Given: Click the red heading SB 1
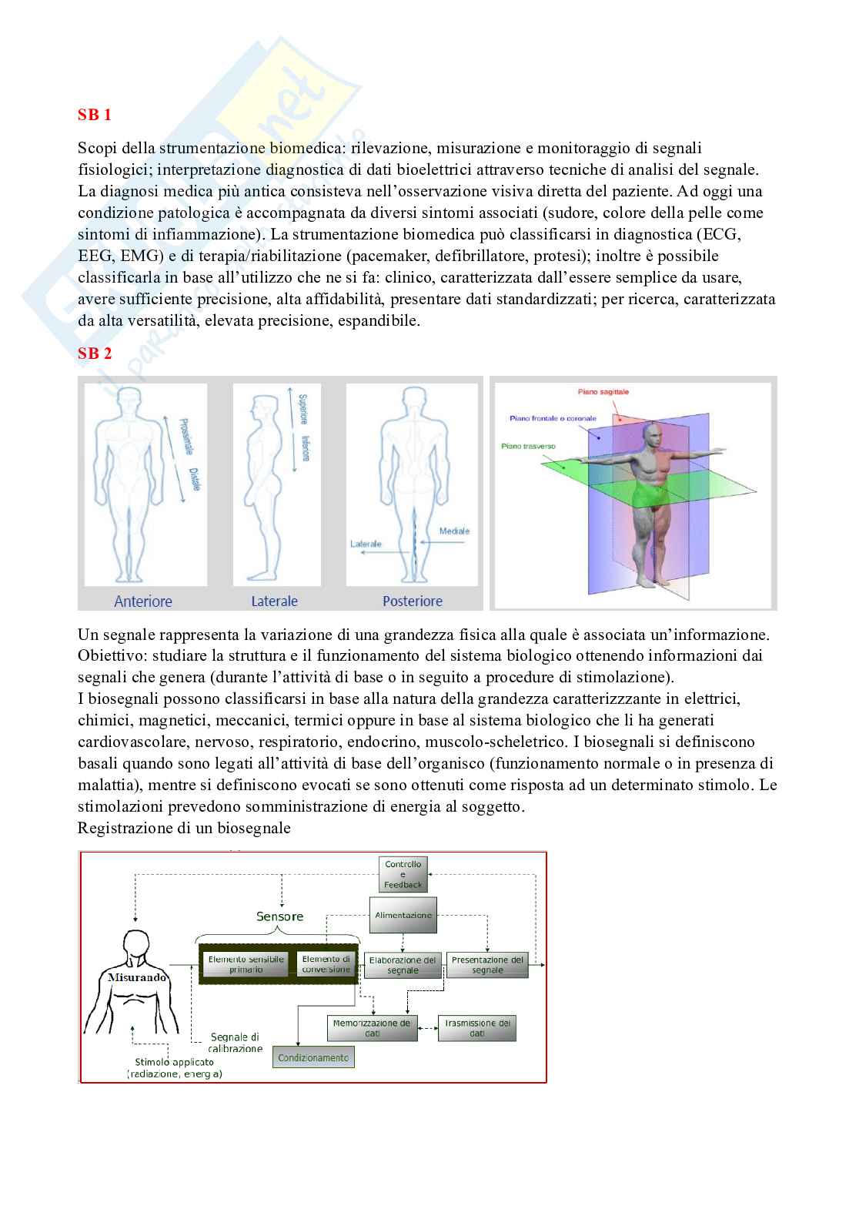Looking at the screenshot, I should (95, 115).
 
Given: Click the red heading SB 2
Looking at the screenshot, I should (95, 353).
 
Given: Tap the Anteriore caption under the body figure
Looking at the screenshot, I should (143, 601).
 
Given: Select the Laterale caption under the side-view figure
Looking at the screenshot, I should (274, 601).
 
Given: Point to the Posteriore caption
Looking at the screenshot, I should (413, 601).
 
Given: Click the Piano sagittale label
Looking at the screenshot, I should (603, 392).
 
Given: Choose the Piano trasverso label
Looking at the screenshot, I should (528, 446).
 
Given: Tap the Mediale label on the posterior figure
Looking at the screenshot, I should (454, 531).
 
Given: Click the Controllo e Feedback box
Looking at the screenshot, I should (403, 875).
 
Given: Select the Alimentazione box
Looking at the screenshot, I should (403, 916).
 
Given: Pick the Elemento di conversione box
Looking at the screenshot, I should (326, 964).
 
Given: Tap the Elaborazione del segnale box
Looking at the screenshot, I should (403, 965).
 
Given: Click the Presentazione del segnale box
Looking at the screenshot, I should (487, 965).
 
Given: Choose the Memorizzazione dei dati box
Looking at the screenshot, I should (372, 1028).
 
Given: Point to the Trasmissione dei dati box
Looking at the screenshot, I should (477, 1028).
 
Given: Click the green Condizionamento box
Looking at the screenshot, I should (313, 1057).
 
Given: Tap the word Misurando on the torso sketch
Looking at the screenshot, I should (125, 976).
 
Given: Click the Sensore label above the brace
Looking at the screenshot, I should (279, 916).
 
